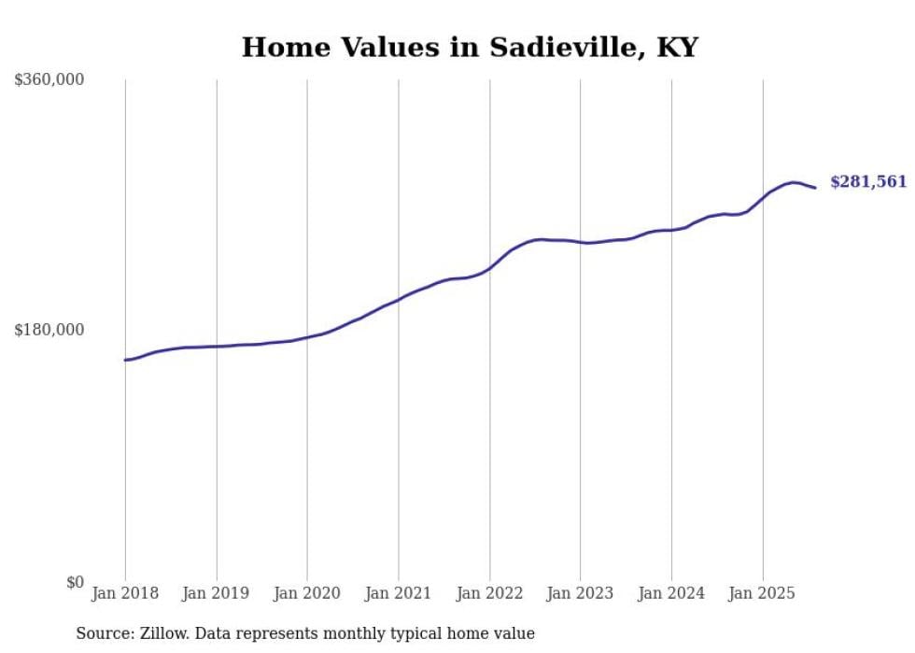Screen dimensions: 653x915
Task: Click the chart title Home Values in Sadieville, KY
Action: coord(470,48)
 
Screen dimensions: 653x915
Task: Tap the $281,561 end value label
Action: coord(868,182)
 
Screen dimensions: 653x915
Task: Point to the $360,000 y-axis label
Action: coord(49,80)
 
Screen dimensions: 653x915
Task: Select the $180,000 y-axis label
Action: coord(49,330)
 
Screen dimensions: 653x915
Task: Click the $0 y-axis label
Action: coord(75,583)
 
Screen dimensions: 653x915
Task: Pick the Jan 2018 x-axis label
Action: coord(125,593)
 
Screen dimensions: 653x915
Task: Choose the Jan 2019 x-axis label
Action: coord(217,593)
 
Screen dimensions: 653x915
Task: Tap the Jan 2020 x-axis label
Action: coord(307,593)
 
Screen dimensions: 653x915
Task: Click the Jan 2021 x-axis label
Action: coord(399,593)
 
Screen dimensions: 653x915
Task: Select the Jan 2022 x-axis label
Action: coord(489,593)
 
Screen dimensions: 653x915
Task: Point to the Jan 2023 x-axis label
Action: coord(581,593)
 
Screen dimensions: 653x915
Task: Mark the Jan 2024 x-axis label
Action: coord(671,593)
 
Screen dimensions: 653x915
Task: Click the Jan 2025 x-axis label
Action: coord(763,593)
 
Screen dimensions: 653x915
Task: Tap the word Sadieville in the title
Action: coord(548,48)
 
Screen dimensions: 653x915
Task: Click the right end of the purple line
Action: coord(815,188)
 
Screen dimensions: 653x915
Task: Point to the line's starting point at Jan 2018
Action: coord(125,360)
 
